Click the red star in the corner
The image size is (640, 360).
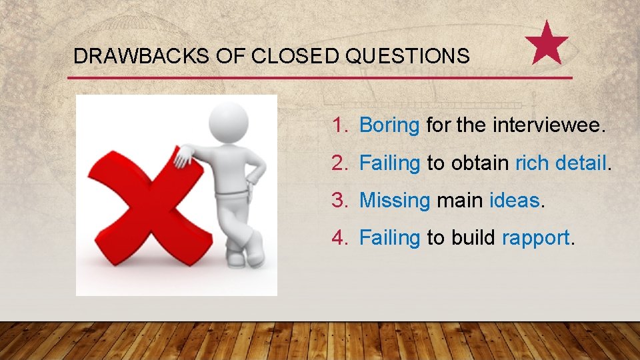[547, 43]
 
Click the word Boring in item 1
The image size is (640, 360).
[389, 125]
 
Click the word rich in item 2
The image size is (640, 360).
[531, 163]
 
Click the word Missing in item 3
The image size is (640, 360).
[395, 200]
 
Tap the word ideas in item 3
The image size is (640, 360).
[514, 200]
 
